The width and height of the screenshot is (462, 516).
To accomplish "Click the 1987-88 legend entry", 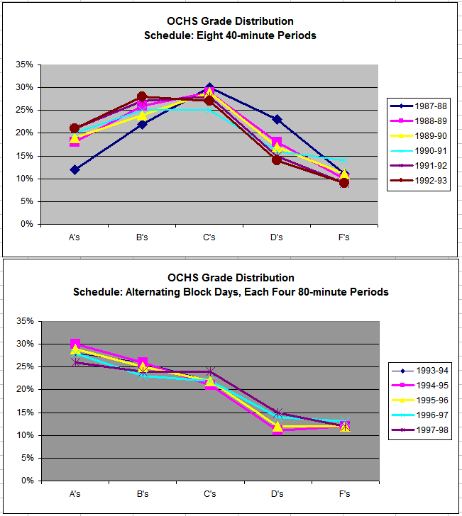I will coord(419,106).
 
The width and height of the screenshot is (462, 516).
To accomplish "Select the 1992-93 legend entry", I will coord(419,179).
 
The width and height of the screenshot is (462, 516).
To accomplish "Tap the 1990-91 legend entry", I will coord(419,150).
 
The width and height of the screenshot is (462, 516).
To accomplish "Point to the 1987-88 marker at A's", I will coord(75,169).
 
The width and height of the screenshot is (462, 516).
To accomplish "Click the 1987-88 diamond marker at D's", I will coord(277,119).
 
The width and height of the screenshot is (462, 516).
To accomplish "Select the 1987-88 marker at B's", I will coord(142,124).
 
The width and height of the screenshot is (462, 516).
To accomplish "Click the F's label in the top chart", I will coord(344,237).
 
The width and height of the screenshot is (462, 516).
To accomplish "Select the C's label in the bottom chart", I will coord(209,493).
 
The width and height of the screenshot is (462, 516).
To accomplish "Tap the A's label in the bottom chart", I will coord(75,493).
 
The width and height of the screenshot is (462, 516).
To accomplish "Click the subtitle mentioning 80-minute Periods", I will coord(231,292).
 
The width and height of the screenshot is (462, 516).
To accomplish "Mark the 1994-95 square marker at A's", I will coord(75,344).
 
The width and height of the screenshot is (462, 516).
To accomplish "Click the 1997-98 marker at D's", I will coord(277,413).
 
